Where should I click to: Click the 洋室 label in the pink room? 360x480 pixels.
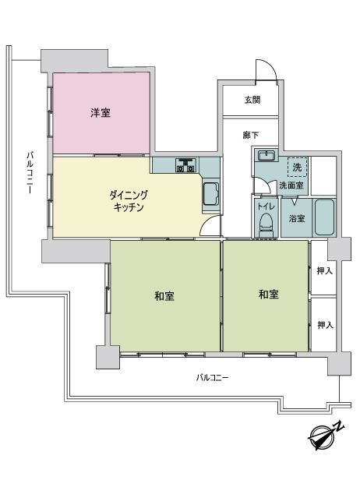[101, 113]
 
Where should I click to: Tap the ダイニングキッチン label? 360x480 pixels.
[129, 201]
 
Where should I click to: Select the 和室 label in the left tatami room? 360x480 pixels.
[164, 296]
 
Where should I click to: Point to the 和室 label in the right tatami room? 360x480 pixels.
[269, 295]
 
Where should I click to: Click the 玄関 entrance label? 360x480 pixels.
[252, 100]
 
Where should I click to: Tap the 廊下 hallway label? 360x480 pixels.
[251, 135]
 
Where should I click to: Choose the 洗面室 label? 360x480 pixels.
[291, 185]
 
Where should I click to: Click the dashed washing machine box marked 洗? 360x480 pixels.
[297, 167]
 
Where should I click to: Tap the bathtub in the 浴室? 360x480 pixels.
[324, 217]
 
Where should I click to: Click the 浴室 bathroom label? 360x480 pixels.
[297, 218]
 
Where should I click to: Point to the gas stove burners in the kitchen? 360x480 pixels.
[185, 164]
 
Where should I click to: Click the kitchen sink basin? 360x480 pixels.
[211, 194]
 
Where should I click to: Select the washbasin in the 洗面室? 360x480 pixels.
[267, 156]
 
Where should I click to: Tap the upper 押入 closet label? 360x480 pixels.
[324, 270]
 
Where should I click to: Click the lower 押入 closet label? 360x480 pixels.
[325, 325]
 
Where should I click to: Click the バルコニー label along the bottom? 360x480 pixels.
[212, 377]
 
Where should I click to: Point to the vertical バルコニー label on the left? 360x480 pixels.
[30, 172]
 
